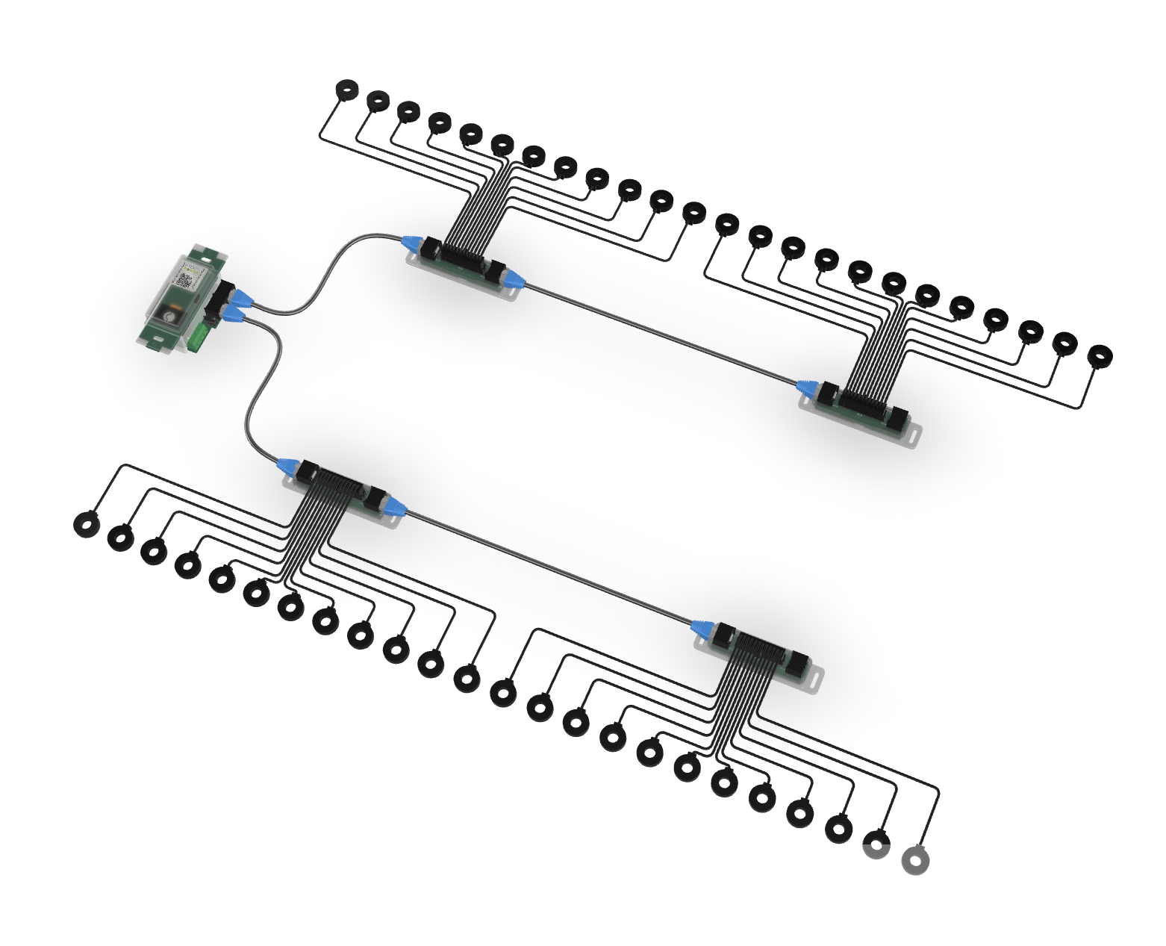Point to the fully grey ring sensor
915,860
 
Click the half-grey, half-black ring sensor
876,846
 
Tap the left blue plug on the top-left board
411,243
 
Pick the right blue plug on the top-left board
514,281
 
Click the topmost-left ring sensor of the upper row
346,90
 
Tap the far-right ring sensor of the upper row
1099,356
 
